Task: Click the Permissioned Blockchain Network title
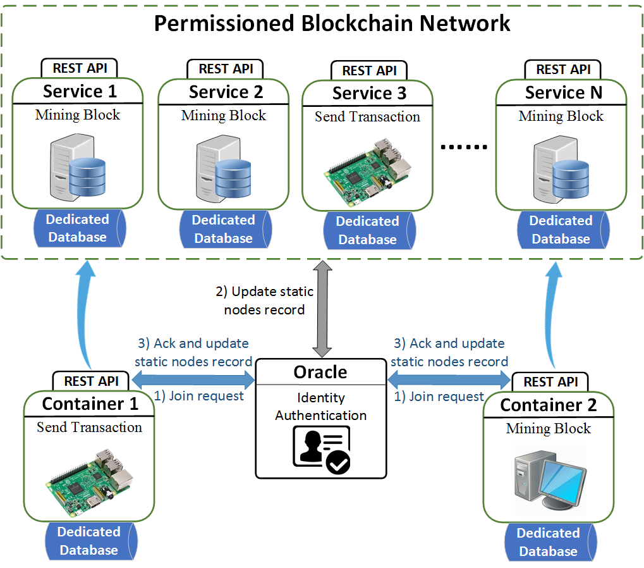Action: [332, 23]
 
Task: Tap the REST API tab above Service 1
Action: [79, 68]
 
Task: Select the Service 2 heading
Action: [225, 92]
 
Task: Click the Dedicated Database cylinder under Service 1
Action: [78, 229]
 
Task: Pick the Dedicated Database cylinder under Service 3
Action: [367, 231]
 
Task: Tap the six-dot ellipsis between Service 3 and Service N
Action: [464, 147]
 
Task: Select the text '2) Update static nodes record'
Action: [264, 300]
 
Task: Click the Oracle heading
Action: [320, 372]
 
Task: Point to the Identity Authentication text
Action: [320, 407]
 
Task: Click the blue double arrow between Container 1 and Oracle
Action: [191, 380]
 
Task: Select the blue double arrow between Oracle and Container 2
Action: [449, 380]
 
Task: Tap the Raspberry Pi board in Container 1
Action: [89, 479]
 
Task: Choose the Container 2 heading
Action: [548, 405]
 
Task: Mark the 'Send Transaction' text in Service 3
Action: [367, 117]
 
